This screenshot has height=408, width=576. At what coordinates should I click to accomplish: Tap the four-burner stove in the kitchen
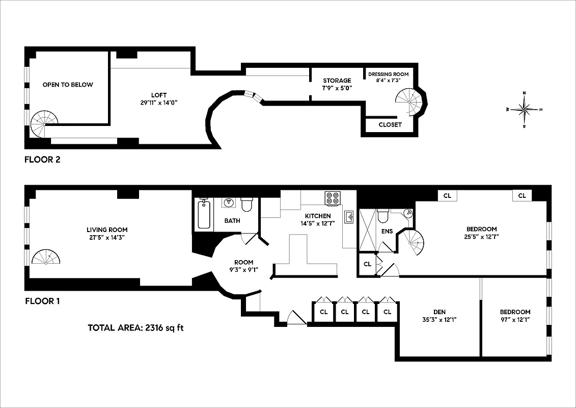(x=333, y=198)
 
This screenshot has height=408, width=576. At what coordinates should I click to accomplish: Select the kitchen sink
(x=349, y=218)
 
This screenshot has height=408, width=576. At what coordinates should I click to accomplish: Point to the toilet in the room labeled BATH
(x=247, y=205)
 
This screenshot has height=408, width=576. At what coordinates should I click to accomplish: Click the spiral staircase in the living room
(x=45, y=258)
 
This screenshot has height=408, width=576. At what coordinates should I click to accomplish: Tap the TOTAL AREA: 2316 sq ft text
(x=135, y=327)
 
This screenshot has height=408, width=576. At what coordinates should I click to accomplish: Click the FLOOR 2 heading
(x=42, y=160)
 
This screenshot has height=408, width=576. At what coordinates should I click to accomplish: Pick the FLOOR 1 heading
(x=42, y=301)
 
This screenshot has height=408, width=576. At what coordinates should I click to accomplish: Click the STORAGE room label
(x=337, y=81)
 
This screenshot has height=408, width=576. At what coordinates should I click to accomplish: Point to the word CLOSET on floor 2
(x=390, y=124)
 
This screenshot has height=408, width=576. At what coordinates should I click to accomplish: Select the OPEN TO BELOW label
(x=68, y=85)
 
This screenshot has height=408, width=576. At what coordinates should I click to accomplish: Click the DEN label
(x=440, y=312)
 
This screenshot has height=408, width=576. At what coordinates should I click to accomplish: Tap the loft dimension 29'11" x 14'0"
(x=158, y=103)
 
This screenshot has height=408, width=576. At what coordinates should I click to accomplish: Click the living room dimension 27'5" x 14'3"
(x=107, y=237)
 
